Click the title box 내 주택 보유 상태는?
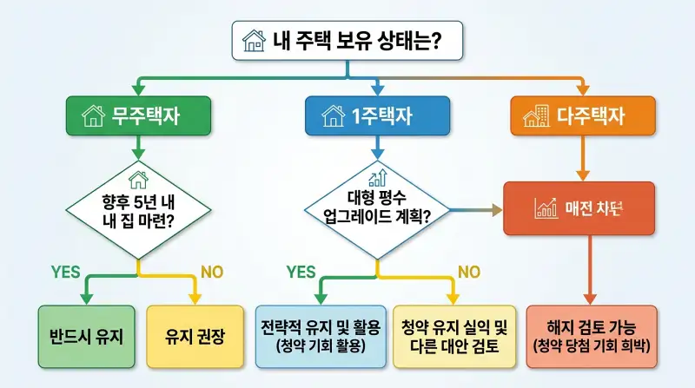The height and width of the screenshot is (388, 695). (347, 40)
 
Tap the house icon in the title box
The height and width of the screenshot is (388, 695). (255, 40)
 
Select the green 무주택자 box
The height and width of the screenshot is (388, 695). (137, 115)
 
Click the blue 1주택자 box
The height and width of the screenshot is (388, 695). (377, 115)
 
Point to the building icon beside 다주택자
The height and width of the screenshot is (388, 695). (533, 115)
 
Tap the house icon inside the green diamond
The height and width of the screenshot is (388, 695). (137, 180)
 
